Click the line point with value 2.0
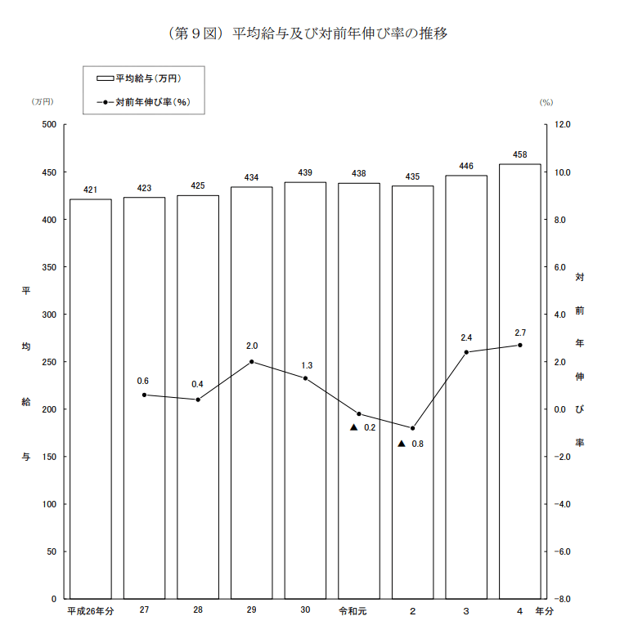click(252, 362)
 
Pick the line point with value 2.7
click(520, 345)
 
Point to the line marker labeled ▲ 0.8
click(413, 428)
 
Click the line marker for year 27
click(144, 395)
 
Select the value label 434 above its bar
click(252, 178)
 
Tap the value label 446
click(466, 167)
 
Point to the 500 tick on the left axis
click(49, 125)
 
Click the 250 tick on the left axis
click(49, 362)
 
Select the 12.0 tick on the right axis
click(562, 125)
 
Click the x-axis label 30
click(305, 610)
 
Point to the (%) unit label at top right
click(546, 102)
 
